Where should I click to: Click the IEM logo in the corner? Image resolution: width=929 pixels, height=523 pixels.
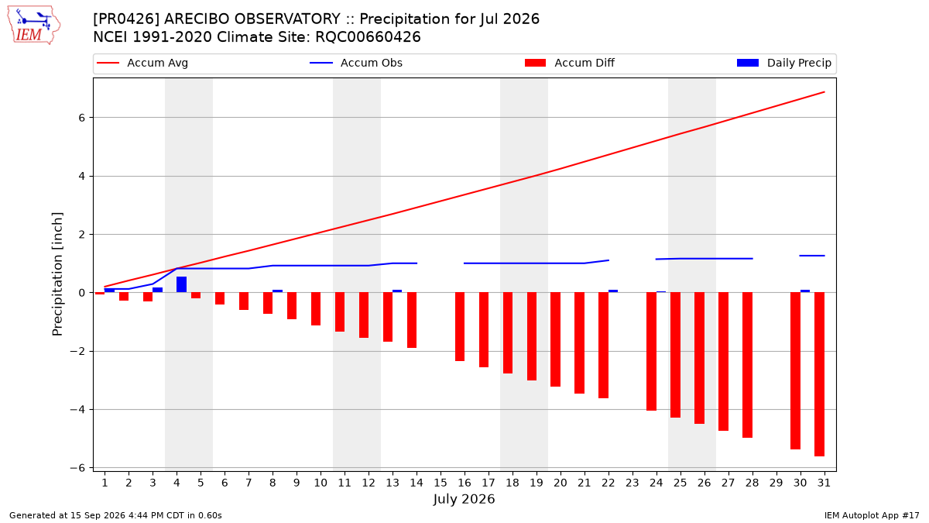click(34, 26)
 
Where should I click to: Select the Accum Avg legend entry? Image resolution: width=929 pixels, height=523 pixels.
click(142, 63)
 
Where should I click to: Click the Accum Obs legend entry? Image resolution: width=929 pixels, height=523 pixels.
click(356, 63)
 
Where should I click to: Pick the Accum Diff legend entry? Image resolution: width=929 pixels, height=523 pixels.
click(570, 63)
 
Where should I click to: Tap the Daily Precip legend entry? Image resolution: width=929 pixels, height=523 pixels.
click(783, 63)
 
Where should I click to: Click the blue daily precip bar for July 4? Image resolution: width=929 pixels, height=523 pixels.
click(182, 284)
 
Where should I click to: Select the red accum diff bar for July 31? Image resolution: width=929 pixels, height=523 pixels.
click(819, 374)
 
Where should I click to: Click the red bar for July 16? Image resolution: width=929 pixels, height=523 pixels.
click(460, 327)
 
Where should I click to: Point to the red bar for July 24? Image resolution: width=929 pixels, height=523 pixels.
click(651, 352)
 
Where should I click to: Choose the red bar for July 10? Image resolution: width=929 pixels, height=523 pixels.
click(316, 309)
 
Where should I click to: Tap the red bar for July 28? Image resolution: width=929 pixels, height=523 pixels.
click(747, 365)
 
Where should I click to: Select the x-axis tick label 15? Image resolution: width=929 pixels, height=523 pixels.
click(441, 483)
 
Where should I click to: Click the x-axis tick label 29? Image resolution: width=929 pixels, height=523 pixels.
click(776, 483)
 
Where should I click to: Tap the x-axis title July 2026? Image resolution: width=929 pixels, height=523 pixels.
click(464, 499)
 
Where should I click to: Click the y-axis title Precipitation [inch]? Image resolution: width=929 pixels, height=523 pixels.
click(57, 274)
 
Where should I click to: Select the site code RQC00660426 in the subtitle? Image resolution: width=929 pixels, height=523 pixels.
click(368, 37)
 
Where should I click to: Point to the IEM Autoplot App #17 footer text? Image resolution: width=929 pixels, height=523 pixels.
click(872, 515)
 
